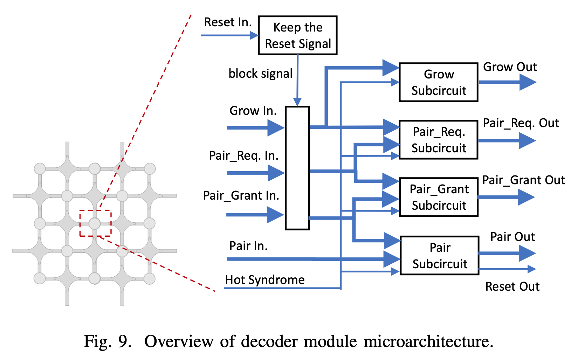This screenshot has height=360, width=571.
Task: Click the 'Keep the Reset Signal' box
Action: pyautogui.click(x=298, y=35)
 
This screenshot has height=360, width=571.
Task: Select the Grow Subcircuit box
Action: pyautogui.click(x=439, y=82)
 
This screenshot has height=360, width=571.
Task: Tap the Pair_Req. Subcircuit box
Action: pyautogui.click(x=439, y=140)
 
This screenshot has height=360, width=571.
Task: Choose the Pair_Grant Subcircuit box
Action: pyautogui.click(x=439, y=197)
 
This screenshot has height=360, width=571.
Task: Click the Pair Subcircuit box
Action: pyautogui.click(x=440, y=255)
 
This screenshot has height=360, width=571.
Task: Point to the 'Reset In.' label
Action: pyautogui.click(x=228, y=22)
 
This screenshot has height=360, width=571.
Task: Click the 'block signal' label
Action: pyautogui.click(x=260, y=74)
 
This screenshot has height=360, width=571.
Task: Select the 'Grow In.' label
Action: pyautogui.click(x=253, y=111)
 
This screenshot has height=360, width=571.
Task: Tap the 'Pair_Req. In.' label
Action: pyautogui.click(x=243, y=155)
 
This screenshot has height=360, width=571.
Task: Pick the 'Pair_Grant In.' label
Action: pyautogui.click(x=241, y=195)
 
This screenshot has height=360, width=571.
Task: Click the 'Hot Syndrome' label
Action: pyautogui.click(x=265, y=280)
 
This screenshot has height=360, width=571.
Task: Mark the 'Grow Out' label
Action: pyautogui.click(x=510, y=67)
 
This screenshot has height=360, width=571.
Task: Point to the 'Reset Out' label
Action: pyautogui.click(x=512, y=286)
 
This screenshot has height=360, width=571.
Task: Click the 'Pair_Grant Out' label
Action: pyautogui.click(x=523, y=180)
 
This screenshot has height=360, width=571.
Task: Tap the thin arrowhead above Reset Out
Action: pyautogui.click(x=532, y=269)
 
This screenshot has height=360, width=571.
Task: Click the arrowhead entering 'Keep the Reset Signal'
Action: pyautogui.click(x=254, y=35)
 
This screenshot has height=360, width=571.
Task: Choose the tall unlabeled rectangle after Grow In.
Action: pyautogui.click(x=297, y=168)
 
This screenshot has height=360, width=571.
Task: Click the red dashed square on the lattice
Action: pyautogui.click(x=95, y=223)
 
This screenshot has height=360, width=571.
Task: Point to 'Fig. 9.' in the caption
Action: pyautogui.click(x=108, y=341)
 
